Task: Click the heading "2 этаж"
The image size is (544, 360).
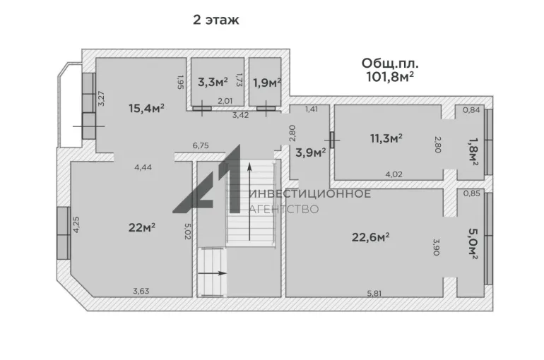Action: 215,20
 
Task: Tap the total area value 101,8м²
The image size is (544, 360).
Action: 390,76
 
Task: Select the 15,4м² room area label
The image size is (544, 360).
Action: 146,108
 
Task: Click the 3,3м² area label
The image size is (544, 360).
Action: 213,82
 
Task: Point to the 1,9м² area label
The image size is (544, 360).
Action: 266,83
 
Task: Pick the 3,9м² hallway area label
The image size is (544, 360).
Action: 311,152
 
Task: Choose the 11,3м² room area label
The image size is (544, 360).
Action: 386,138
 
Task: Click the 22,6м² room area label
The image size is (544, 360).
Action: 370,237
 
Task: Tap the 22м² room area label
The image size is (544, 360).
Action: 141,227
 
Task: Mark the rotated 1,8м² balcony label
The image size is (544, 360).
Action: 473,152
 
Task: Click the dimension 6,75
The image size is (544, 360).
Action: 201,145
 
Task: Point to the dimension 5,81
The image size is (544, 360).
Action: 374,293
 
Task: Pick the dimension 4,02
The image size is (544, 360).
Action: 394,174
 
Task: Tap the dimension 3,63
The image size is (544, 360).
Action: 141,291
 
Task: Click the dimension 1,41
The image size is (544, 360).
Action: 311,109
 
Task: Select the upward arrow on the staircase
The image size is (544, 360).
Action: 249,202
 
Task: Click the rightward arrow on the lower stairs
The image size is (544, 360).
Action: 213,273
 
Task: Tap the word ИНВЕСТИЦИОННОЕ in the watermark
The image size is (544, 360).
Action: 310,193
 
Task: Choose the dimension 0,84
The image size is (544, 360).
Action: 471,110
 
